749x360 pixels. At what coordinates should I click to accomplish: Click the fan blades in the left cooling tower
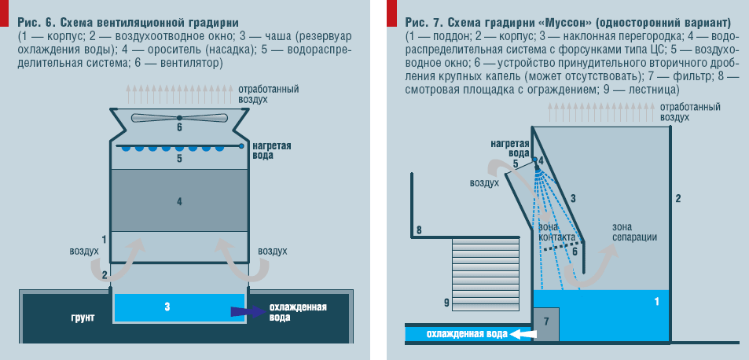(179, 117)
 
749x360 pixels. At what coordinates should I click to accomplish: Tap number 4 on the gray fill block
(179, 202)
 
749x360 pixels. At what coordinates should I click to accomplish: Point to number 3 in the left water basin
(167, 306)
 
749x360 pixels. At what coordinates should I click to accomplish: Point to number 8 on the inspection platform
(419, 230)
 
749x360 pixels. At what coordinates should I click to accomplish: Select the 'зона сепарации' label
(634, 232)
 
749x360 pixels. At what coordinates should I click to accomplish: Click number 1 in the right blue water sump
(656, 301)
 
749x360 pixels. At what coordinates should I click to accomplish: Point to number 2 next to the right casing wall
(677, 197)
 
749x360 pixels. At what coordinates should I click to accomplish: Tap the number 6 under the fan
(179, 127)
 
